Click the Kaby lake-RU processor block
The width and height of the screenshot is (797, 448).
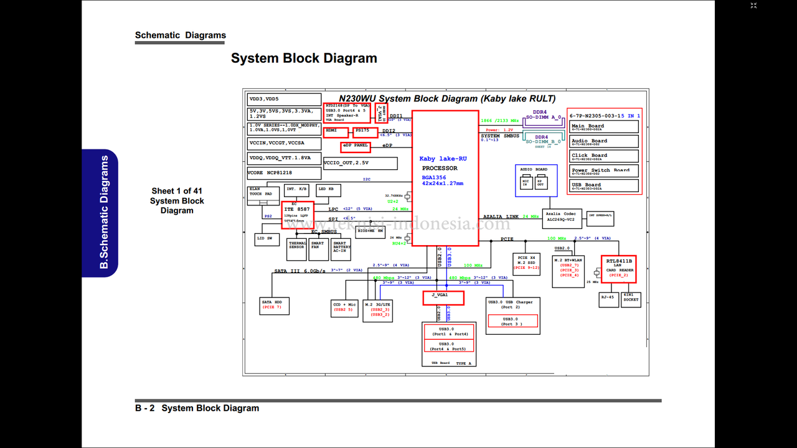tap(445, 178)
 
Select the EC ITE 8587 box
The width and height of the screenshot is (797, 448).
tap(298, 215)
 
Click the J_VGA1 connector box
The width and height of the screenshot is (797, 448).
tap(443, 297)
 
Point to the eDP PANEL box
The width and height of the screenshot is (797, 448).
tap(356, 147)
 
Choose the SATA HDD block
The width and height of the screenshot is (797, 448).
tap(274, 305)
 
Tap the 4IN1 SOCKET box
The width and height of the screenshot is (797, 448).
tap(631, 299)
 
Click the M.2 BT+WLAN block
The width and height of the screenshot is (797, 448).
tap(568, 271)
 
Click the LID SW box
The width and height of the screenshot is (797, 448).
tap(268, 239)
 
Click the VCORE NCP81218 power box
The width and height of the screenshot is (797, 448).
tap(284, 172)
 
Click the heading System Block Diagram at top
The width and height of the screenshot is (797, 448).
tap(304, 58)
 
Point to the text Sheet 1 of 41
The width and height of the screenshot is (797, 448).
tap(177, 191)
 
